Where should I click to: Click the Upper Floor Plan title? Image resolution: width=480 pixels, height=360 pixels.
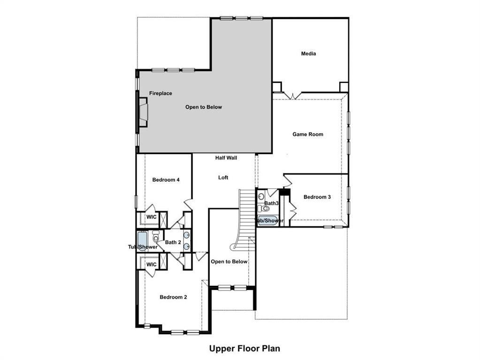(x=244, y=348)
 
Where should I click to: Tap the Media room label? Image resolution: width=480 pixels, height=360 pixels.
(x=308, y=53)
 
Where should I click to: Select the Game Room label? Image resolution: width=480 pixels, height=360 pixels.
(x=308, y=134)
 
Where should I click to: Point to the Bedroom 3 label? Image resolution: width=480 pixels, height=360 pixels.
(x=317, y=197)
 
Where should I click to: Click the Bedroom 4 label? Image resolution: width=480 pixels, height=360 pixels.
(x=166, y=180)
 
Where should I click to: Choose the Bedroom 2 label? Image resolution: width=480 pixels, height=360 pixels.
(x=173, y=297)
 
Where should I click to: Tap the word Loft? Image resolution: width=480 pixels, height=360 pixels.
(x=223, y=178)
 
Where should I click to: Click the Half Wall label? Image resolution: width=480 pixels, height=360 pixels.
(x=226, y=158)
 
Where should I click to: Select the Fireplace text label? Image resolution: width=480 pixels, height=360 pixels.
(x=160, y=93)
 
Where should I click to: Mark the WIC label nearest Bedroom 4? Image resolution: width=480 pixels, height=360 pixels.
(x=151, y=217)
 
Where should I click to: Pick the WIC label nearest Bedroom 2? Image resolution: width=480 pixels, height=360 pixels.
(x=151, y=264)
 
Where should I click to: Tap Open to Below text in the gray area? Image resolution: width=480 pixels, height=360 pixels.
(x=203, y=107)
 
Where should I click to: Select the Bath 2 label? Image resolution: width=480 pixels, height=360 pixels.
(x=173, y=242)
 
